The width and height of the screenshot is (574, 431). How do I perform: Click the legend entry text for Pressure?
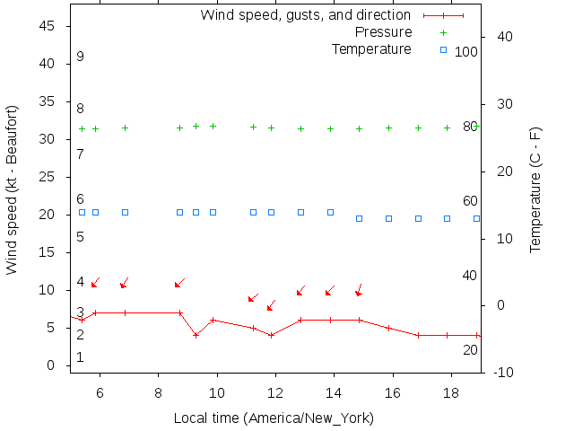coord(384,32)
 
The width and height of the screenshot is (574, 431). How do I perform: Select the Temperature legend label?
coord(371,48)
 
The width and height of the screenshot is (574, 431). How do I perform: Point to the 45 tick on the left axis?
coord(48,26)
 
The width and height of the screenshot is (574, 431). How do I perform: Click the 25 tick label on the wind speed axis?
coord(48,177)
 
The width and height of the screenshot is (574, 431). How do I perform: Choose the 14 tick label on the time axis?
coord(334,393)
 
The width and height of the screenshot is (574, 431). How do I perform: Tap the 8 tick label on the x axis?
coord(158,393)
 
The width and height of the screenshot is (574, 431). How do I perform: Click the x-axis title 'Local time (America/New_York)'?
coord(274,418)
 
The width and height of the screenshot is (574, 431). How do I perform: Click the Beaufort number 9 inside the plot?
coord(81,57)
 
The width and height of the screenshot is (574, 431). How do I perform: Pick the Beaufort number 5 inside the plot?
coord(81,237)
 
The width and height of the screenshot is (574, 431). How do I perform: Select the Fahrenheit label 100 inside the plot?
coord(466,52)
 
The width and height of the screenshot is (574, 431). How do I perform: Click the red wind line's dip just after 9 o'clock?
coord(196,335)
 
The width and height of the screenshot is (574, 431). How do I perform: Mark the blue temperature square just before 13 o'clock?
coord(300,213)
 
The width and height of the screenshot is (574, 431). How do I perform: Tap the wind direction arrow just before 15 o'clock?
coord(359,289)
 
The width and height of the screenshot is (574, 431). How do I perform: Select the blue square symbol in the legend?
coord(443,49)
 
